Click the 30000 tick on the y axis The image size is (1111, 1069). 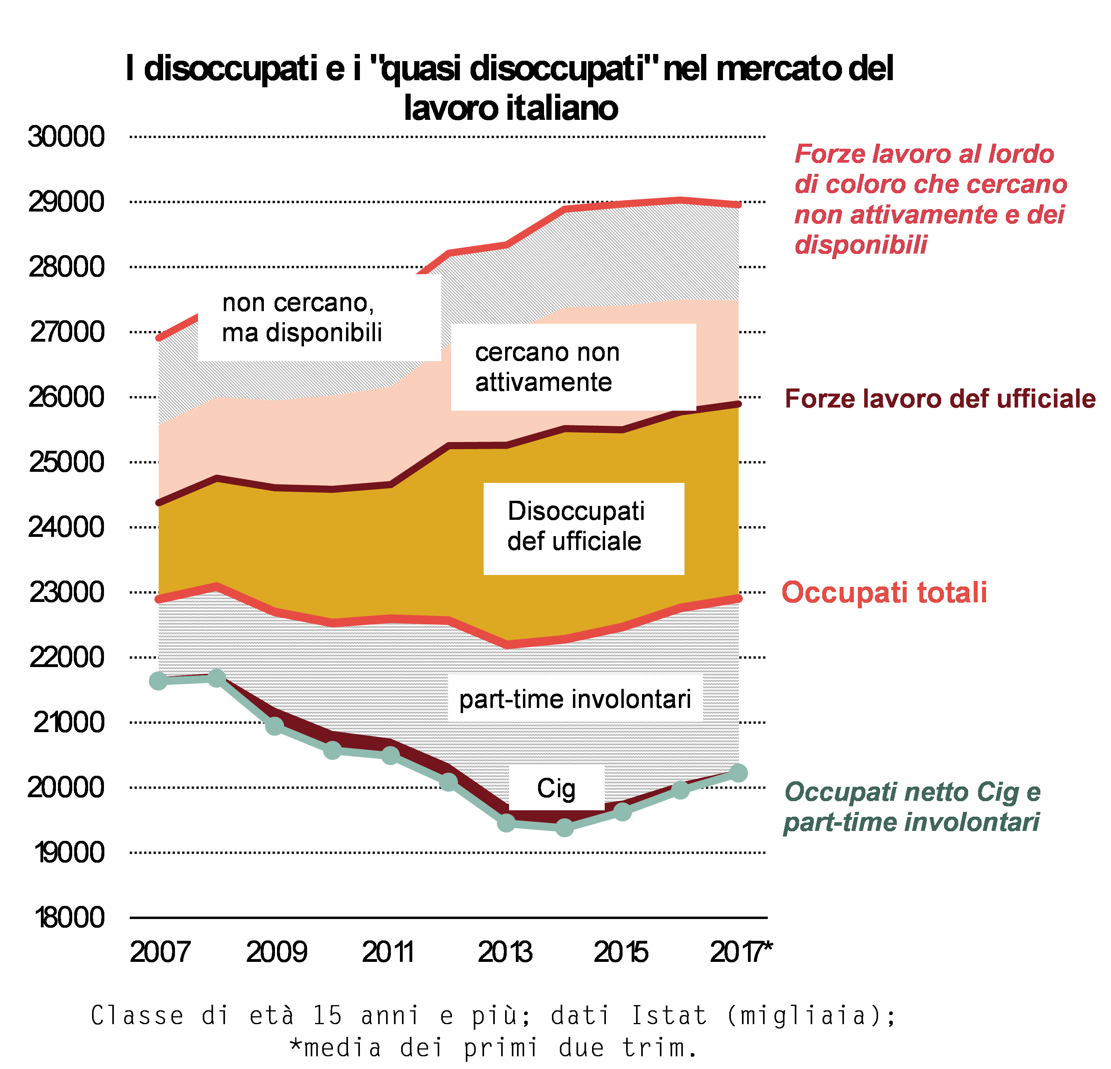(x=66, y=137)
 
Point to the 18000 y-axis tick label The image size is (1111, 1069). (x=69, y=917)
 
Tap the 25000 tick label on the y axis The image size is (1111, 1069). (x=66, y=462)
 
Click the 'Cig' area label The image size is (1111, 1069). (x=556, y=788)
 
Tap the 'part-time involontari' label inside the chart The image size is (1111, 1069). (x=575, y=699)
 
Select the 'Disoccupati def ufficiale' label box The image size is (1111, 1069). (x=583, y=528)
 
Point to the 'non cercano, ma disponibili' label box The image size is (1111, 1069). (x=319, y=318)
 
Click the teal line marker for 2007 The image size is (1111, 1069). (x=159, y=681)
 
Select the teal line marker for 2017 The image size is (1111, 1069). (x=738, y=773)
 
